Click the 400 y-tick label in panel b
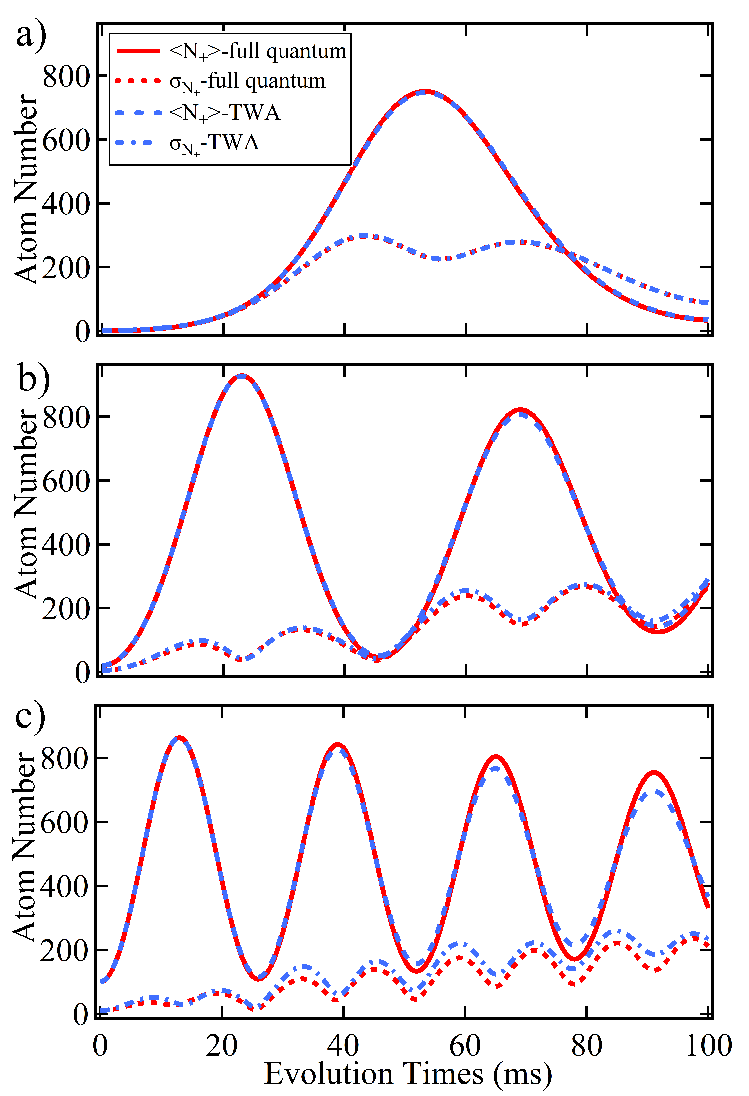coord(66,545)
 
